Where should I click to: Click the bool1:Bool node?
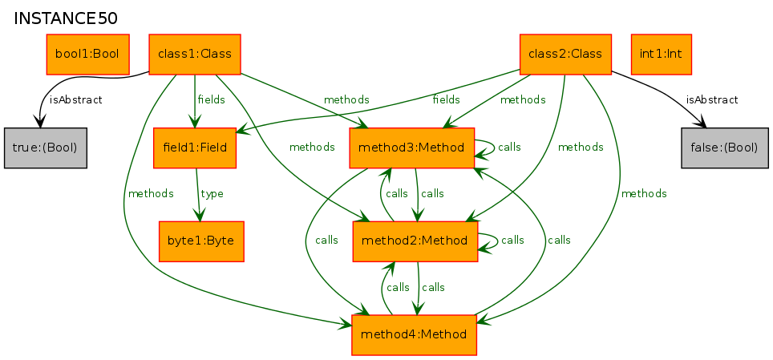[x=87, y=55]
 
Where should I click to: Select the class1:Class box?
[x=195, y=55]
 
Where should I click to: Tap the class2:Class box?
[x=565, y=55]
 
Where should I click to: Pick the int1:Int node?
[x=661, y=55]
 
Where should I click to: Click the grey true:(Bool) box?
[x=46, y=148]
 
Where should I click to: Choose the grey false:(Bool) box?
[x=725, y=148]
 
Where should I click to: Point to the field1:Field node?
[x=195, y=148]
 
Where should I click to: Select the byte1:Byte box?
[x=201, y=241]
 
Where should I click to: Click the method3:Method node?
[x=411, y=148]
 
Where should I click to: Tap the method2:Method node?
[x=415, y=241]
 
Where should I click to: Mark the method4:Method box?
[x=414, y=335]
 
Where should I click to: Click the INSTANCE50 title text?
[x=66, y=18]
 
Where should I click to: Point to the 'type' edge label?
[x=212, y=194]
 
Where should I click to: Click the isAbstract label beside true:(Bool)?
[x=76, y=100]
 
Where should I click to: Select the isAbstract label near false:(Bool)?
[x=712, y=100]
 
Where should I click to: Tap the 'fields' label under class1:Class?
[x=211, y=100]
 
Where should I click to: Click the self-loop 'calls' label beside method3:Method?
[x=509, y=148]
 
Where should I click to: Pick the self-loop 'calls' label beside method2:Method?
[x=512, y=241]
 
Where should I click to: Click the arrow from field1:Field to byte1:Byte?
[x=198, y=195]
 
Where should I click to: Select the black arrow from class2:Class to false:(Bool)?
[x=664, y=91]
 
